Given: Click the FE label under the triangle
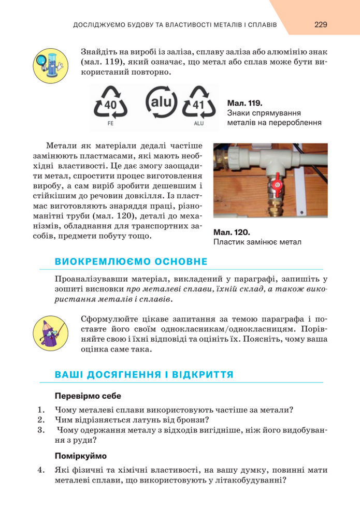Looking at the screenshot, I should click(110, 124).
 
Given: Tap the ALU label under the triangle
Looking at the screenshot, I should click(199, 124).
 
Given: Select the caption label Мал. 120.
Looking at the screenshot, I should click(232, 232).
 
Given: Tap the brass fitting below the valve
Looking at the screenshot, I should click(272, 207).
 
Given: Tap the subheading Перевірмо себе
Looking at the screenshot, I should click(88, 396).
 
